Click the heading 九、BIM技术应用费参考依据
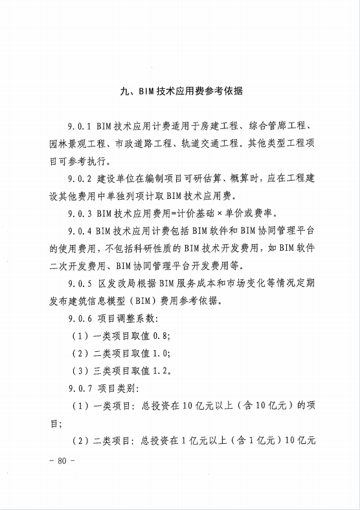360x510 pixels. point(181,91)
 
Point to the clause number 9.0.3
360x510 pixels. point(79,213)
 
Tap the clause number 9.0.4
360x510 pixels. point(79,231)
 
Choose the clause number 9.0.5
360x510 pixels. point(79,284)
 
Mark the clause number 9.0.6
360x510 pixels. point(79,319)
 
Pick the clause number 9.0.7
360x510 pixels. point(79,389)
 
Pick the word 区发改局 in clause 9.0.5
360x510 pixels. point(119,284)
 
